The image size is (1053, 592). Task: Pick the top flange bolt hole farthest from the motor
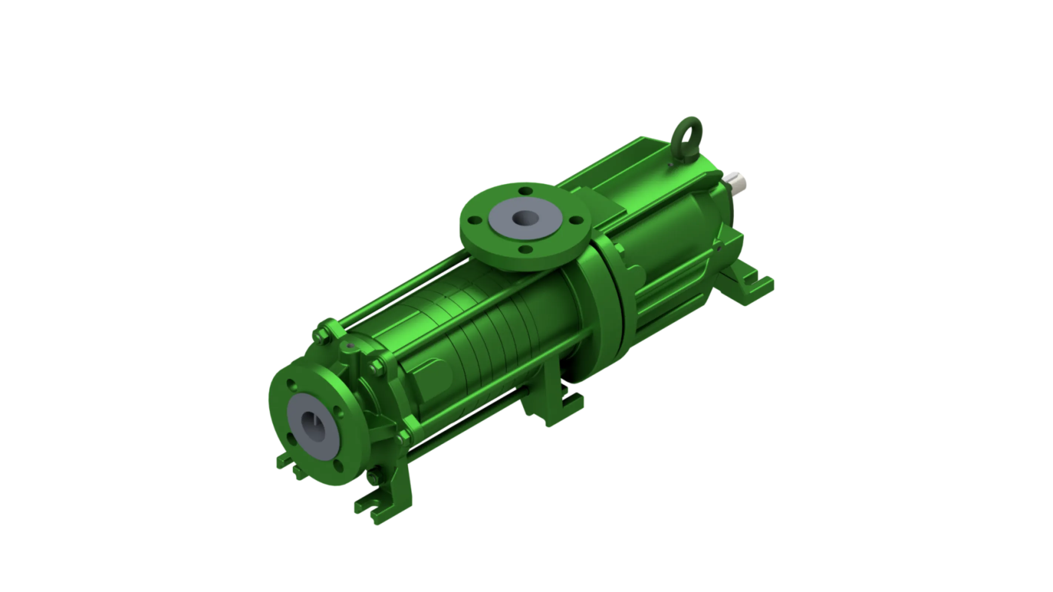coord(475,220)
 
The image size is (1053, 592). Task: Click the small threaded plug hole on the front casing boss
coord(350,346)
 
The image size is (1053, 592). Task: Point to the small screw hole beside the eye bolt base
coord(671,165)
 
